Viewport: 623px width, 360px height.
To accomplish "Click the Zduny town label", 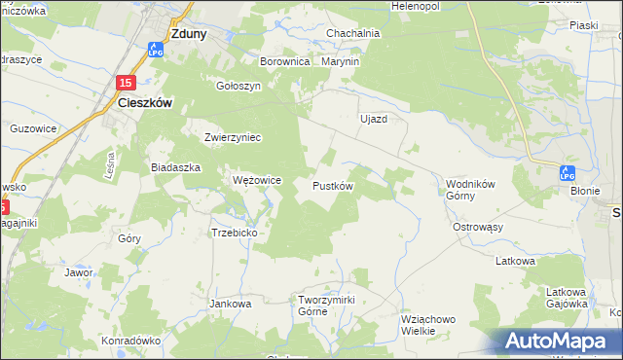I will coord(188,32).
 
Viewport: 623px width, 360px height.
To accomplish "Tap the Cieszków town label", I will coord(145,100).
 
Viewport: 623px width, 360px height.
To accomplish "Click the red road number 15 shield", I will coord(125,84).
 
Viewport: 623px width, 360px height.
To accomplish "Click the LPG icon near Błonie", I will coord(568,172).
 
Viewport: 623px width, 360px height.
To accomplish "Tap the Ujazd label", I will coord(374,118).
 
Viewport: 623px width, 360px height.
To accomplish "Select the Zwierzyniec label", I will coord(233,137).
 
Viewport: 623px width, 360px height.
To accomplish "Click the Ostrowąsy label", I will coord(477,227).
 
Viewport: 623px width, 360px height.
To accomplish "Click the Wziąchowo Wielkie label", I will coord(429,324).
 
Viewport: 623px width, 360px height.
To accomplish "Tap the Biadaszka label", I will coord(175,166).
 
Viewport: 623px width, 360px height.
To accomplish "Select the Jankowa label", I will coord(231,303).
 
